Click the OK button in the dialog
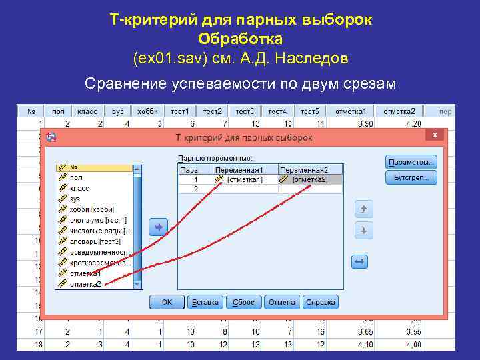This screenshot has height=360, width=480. [x=166, y=303]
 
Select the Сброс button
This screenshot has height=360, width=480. [x=243, y=303]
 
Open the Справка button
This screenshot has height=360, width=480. [x=320, y=303]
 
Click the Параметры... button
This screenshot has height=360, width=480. [x=411, y=162]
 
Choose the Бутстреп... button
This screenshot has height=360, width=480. [x=411, y=177]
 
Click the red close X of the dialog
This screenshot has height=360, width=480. [x=435, y=135]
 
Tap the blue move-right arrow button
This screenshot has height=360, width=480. [x=158, y=227]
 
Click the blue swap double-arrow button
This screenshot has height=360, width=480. [x=360, y=262]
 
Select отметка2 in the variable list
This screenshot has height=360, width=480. [x=85, y=284]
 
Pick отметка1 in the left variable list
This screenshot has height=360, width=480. [x=85, y=273]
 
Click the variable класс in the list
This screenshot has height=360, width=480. [x=79, y=188]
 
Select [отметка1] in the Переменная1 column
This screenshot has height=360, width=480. [x=245, y=179]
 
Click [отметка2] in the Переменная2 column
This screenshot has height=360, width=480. [x=310, y=179]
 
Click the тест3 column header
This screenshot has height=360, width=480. [x=245, y=111]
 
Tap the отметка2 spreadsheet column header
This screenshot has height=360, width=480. [x=403, y=111]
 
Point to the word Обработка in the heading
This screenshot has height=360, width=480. [x=241, y=39]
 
